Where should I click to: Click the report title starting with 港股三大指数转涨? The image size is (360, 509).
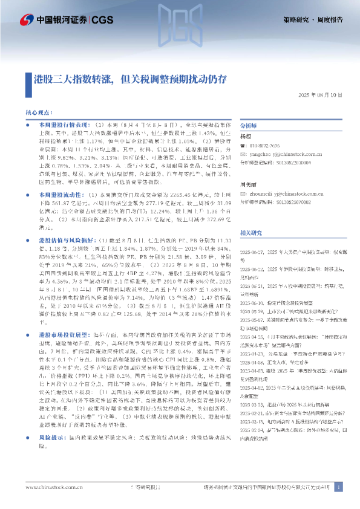[x=130, y=79]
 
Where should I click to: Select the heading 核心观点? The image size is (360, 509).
[x=40, y=113]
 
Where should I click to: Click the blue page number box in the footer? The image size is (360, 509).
[x=338, y=487]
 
